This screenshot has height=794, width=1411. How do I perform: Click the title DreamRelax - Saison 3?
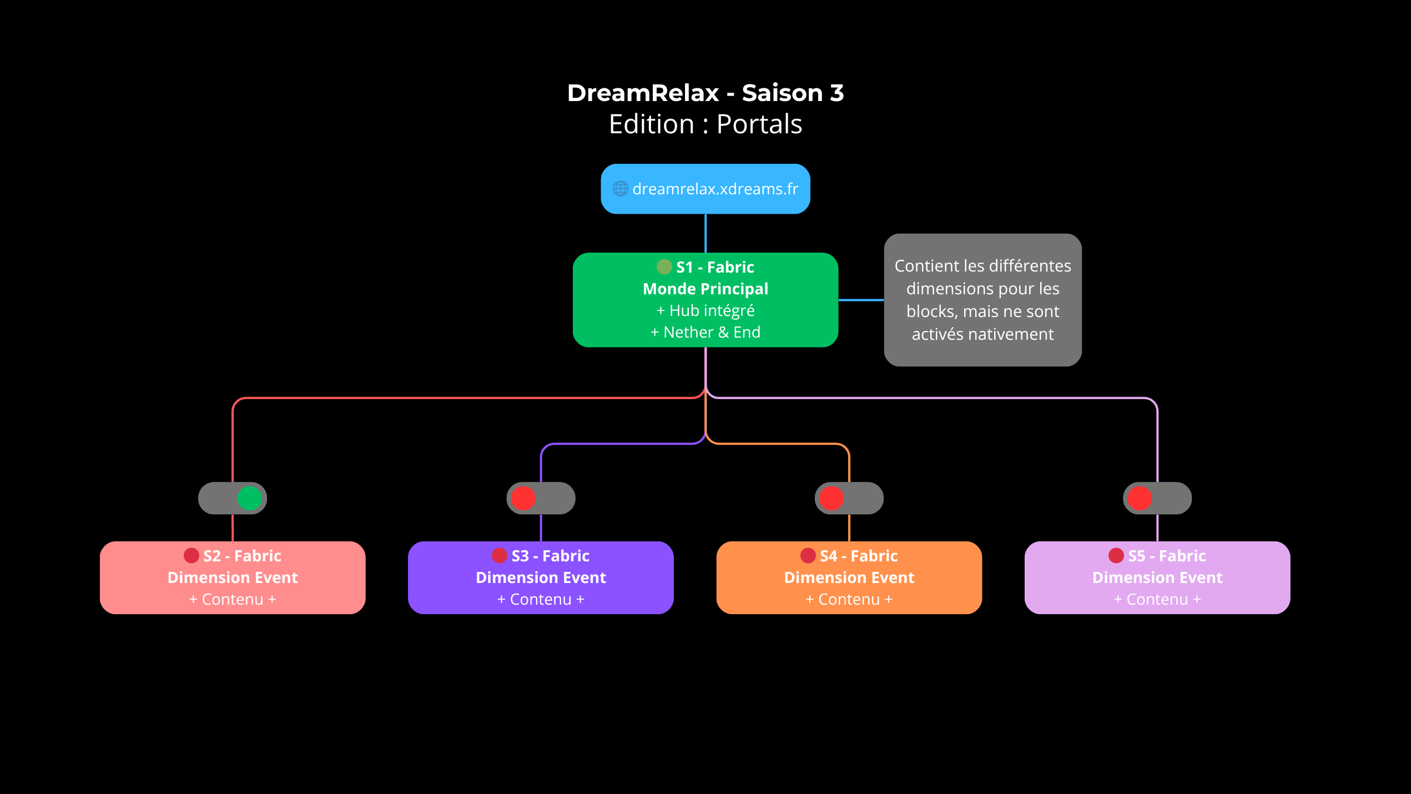click(x=705, y=93)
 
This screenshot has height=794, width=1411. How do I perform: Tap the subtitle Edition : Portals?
click(x=705, y=124)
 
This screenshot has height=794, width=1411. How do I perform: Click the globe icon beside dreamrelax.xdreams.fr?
click(x=620, y=189)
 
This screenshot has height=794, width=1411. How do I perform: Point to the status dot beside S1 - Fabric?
click(x=664, y=267)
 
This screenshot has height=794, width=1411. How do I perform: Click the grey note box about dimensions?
click(x=982, y=300)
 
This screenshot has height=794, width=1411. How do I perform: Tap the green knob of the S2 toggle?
click(x=249, y=498)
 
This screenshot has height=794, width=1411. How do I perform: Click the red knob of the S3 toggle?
click(x=523, y=498)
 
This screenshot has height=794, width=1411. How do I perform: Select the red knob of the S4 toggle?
click(x=831, y=498)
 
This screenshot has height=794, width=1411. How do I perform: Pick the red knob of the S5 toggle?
click(x=1140, y=498)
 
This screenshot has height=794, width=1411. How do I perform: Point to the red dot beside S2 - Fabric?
click(x=192, y=555)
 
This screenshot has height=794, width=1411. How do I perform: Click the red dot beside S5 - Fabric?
click(x=1116, y=555)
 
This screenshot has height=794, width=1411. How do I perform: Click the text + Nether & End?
click(x=705, y=332)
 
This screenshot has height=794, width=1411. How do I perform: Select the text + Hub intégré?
click(x=705, y=310)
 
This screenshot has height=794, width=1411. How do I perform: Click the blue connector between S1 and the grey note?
click(x=861, y=300)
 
